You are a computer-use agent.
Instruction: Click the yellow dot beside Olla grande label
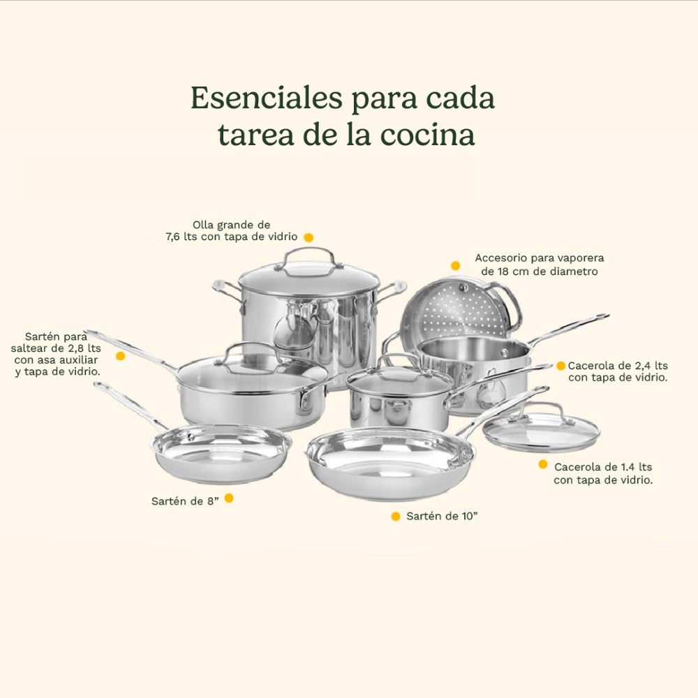coord(309,237)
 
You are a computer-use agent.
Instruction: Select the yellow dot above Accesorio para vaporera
coord(455,265)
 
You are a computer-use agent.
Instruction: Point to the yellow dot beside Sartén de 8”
coord(228,498)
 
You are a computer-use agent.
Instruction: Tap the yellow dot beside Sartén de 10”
coord(396,517)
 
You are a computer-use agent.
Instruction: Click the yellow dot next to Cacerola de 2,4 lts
coord(560,366)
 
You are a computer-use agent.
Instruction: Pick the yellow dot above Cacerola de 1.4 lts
coord(542,464)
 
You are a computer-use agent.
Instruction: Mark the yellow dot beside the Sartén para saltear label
coord(120,355)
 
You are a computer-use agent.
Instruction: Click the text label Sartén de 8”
coord(186,501)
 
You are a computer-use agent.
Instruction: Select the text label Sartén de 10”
coord(442,517)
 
